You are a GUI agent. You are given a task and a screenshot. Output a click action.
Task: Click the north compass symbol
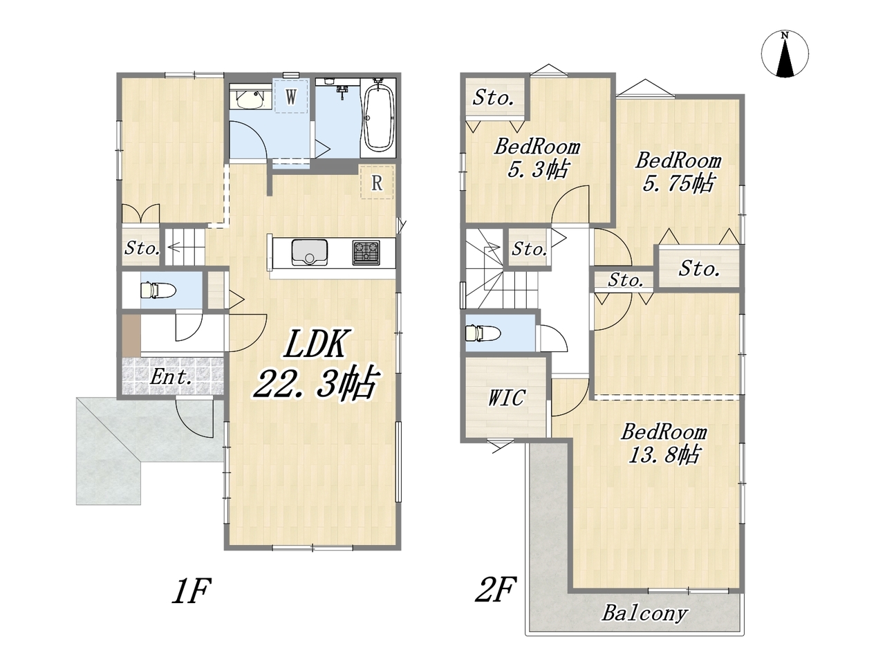click(785, 54)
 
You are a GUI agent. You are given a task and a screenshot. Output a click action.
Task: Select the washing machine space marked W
click(291, 96)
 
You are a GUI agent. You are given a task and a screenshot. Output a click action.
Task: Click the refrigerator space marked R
click(377, 183)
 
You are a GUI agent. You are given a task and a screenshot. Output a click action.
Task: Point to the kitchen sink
click(309, 252)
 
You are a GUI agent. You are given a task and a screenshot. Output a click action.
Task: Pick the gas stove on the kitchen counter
click(366, 252)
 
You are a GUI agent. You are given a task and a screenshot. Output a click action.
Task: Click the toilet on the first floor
click(158, 290)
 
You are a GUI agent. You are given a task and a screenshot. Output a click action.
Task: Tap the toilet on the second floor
click(483, 334)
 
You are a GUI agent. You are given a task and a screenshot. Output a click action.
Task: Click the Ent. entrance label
click(171, 378)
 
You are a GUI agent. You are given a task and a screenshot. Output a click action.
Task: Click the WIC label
click(506, 398)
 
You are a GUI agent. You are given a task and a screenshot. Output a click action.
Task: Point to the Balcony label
click(644, 614)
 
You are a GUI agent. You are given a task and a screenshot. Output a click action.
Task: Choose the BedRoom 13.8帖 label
click(664, 443)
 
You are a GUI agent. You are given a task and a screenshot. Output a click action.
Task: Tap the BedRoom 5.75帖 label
click(678, 172)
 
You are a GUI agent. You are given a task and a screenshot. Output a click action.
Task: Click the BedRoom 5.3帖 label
click(537, 158)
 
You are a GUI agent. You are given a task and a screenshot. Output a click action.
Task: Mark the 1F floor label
click(192, 591)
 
